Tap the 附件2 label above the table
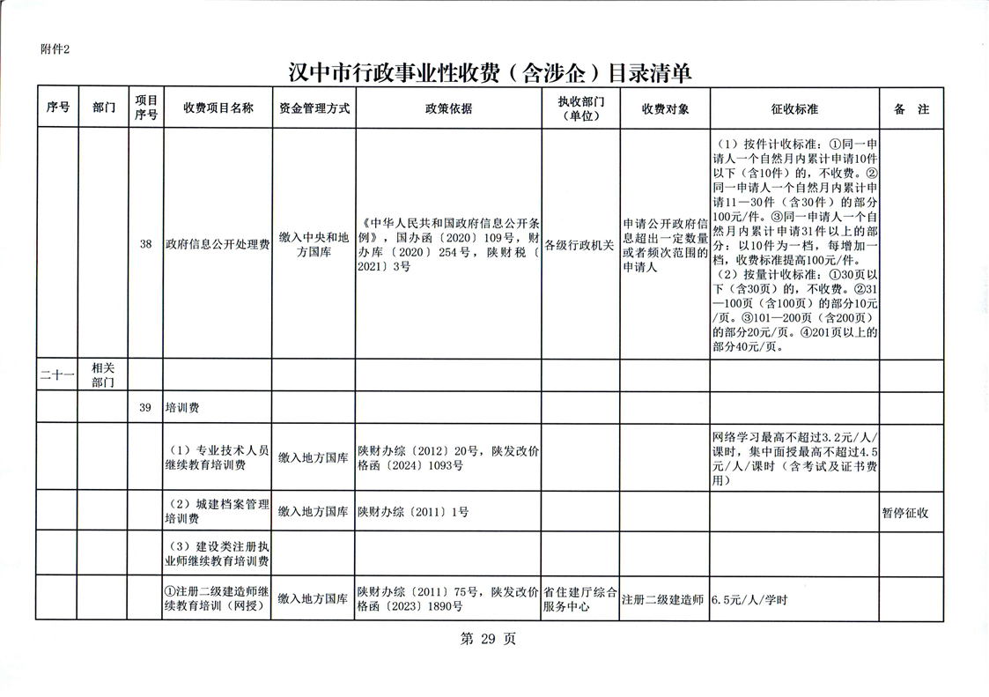[x=55, y=49]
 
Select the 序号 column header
[x=58, y=108]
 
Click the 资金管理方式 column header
[x=314, y=108]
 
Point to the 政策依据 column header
[x=448, y=108]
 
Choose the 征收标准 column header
[x=794, y=109]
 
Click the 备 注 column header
[x=911, y=109]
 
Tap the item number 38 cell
[x=146, y=245]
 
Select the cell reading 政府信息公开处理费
[x=218, y=245]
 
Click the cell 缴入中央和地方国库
[x=314, y=245]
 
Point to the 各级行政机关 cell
[x=580, y=245]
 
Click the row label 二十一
[x=58, y=375]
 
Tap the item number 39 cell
[x=146, y=408]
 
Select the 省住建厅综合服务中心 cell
[x=580, y=599]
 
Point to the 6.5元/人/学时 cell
[x=749, y=600]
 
